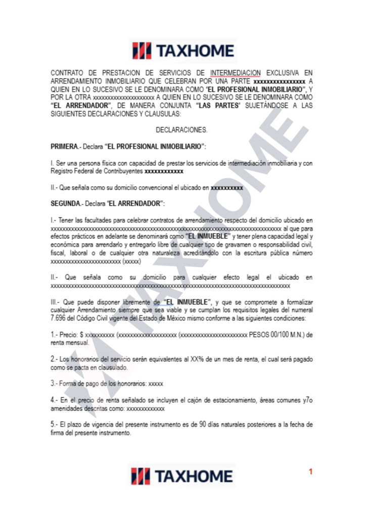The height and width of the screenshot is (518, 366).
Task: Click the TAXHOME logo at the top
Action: pyautogui.click(x=183, y=51)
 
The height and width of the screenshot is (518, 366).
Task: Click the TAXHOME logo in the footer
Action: pyautogui.click(x=183, y=476)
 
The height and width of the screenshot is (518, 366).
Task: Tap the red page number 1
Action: pyautogui.click(x=311, y=471)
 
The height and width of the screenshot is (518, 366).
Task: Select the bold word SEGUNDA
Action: pyautogui.click(x=66, y=203)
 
